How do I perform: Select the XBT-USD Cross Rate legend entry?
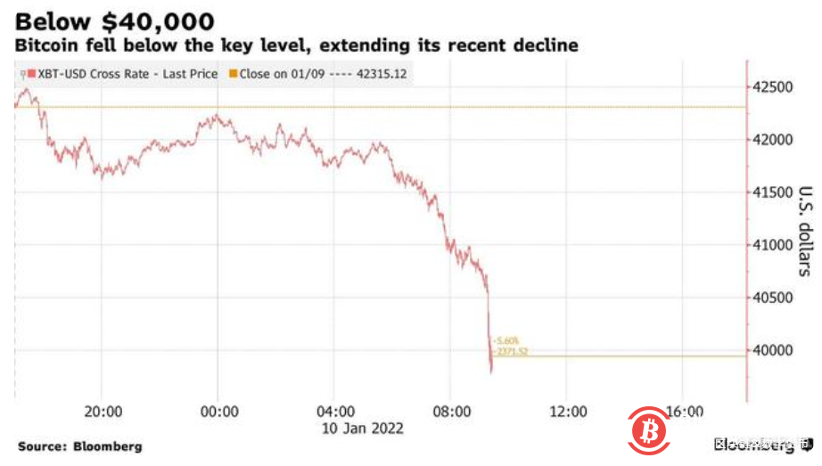(x=121, y=74)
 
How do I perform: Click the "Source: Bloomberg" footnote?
(x=79, y=446)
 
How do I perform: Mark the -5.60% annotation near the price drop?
(x=506, y=340)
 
